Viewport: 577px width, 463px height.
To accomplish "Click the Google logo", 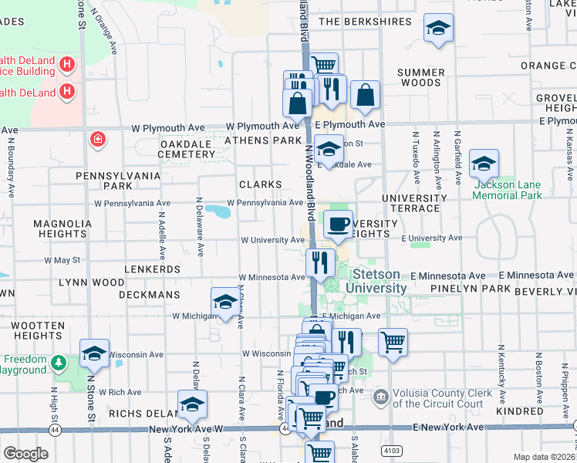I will coord(26,454).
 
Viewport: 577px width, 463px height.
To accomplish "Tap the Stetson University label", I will coord(380,281).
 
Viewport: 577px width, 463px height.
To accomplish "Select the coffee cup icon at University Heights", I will coord(337,225).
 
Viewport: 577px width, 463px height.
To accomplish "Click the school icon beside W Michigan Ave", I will coord(224,302).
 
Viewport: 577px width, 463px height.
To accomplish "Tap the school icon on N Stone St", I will coord(94,353).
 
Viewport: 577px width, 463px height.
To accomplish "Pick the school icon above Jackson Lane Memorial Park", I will coord(484,164).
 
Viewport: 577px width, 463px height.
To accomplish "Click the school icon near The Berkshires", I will coord(438,29).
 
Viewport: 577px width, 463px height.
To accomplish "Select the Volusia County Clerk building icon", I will coord(380,397).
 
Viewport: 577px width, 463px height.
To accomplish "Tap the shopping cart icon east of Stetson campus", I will coord(393,342).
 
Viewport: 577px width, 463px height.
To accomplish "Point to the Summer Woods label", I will coord(420,77).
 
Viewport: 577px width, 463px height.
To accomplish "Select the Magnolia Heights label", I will coord(62,228).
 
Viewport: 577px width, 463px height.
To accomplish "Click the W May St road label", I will coord(62,261).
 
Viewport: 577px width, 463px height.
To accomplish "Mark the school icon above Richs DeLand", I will coord(192,404).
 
